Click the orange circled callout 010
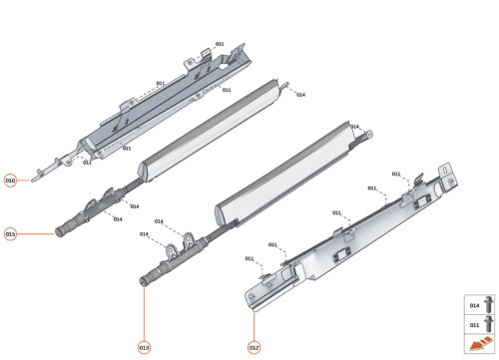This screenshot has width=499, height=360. [11, 180]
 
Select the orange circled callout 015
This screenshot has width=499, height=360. [11, 234]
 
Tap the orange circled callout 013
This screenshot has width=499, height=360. [144, 347]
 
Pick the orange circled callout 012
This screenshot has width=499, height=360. [253, 347]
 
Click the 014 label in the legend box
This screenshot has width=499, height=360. [475, 305]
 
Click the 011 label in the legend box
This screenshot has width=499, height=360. [475, 325]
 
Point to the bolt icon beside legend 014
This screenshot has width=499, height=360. [489, 304]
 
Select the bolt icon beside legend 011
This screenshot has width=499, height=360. [489, 325]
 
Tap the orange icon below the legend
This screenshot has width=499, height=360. [480, 344]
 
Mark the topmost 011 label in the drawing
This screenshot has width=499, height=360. [220, 44]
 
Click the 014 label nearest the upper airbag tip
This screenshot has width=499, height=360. [300, 95]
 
